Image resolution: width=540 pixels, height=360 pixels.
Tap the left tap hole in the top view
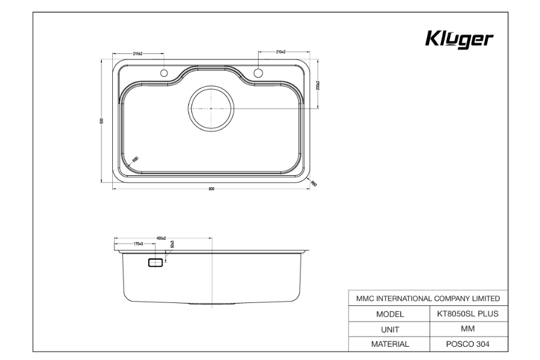coord(163,73)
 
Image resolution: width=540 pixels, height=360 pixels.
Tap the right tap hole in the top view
coord(259,73)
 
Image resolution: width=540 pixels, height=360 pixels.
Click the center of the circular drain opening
coord(211,108)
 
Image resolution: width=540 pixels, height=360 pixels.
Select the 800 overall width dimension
coord(211,190)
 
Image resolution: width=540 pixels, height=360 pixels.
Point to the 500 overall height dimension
coord(101,121)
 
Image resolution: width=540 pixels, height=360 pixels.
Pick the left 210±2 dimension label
coord(137,53)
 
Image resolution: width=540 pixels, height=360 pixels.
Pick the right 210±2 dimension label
coord(281,53)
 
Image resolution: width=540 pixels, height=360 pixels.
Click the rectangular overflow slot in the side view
coord(155,262)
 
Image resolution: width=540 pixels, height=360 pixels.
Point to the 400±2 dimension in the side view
coord(160,238)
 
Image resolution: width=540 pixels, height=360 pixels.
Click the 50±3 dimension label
coord(172,245)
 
